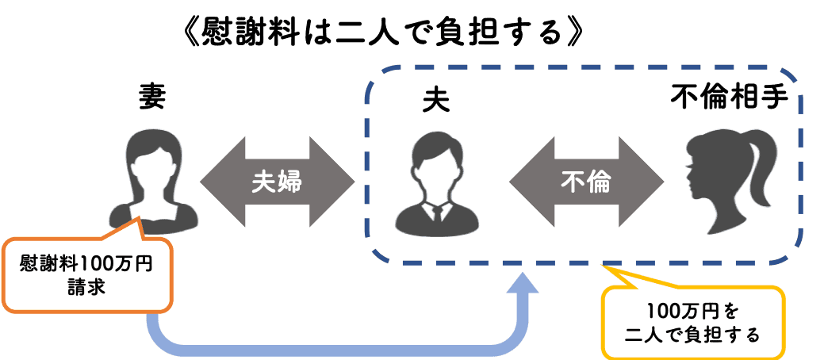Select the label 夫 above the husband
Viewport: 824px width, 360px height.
pos(436,102)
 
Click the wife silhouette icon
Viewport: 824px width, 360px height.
pos(153,180)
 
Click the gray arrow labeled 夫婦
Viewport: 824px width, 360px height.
pos(277,182)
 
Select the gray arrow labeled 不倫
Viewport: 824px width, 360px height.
pos(586,182)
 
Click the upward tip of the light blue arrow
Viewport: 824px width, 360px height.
pos(523,274)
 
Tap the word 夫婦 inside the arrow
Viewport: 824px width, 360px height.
pos(277,182)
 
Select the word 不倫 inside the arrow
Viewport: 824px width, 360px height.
pos(586,182)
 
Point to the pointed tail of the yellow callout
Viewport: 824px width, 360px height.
pos(604,265)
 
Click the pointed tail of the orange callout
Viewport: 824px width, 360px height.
pos(138,218)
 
